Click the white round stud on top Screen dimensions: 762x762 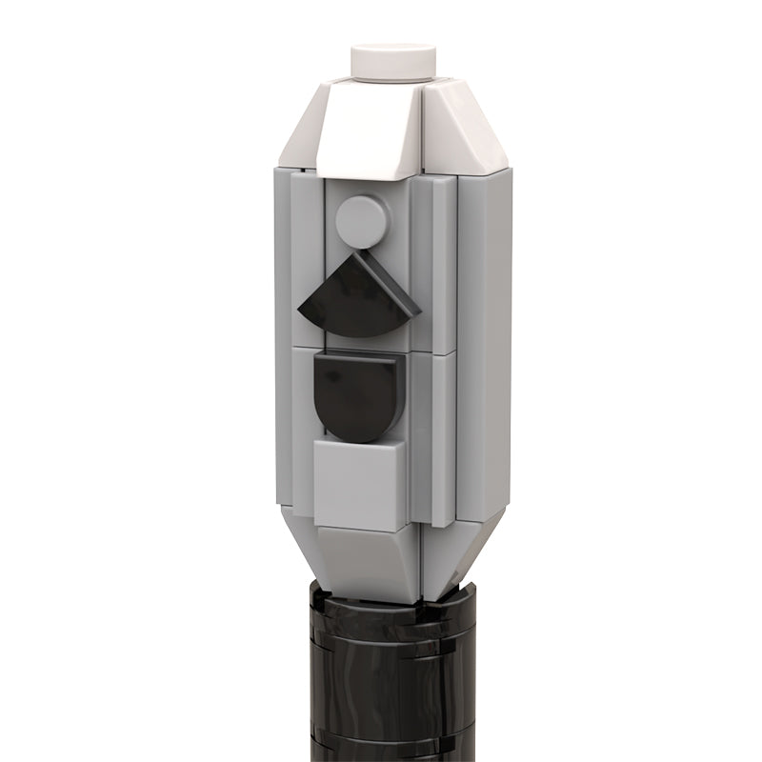[x=393, y=58]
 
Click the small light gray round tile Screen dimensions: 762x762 [x=362, y=221]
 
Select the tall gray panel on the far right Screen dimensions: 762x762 [x=486, y=343]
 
